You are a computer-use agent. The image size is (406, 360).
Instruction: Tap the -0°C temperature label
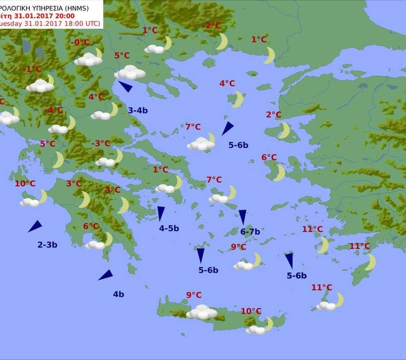80,43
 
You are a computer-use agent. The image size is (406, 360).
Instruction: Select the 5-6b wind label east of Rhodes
297,276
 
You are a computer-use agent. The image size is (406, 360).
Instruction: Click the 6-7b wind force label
250,231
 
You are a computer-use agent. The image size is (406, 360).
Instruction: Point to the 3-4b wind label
138,110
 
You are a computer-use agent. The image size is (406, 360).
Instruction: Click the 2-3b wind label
48,245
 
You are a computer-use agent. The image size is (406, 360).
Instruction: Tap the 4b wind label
118,294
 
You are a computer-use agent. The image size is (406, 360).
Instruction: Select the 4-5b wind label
169,228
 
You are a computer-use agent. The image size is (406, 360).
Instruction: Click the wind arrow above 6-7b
243,217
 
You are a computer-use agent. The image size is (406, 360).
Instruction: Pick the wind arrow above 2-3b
35,227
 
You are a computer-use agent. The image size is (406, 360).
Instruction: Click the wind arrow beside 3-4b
125,87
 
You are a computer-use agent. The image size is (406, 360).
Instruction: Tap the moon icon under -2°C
221,42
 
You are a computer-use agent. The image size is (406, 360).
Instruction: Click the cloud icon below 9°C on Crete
202,312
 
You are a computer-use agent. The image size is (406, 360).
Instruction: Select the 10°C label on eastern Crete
251,311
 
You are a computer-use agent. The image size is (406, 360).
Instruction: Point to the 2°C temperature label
273,115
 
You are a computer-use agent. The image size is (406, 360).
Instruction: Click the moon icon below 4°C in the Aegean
238,99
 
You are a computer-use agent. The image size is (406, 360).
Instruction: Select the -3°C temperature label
101,144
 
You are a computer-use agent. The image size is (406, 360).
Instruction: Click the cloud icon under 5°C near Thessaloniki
130,73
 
